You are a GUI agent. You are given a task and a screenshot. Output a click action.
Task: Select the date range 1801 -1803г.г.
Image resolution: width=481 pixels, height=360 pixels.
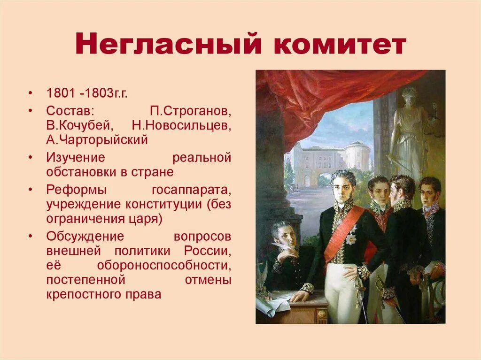(x=87, y=93)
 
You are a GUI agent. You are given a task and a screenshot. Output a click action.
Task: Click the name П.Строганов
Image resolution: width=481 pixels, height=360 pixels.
(x=191, y=112)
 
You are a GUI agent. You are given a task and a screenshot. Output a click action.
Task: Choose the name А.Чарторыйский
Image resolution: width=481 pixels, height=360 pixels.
(x=97, y=140)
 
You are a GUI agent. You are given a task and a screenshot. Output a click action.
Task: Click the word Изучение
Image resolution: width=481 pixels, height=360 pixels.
(x=76, y=158)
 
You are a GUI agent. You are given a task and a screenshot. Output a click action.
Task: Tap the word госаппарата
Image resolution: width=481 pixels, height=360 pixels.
(x=191, y=190)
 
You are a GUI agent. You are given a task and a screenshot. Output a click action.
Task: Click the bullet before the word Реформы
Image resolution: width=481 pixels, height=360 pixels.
(x=31, y=190)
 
